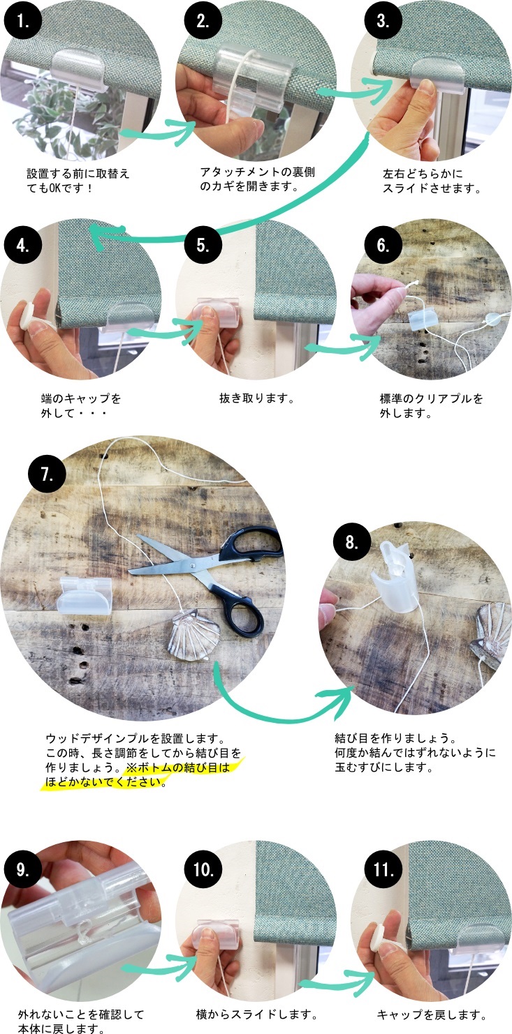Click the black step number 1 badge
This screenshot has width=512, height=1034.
coord(22,21)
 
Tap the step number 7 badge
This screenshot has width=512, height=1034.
coord(47,474)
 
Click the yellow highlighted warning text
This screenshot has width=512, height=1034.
coord(138,775)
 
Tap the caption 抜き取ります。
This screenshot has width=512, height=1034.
coord(257,398)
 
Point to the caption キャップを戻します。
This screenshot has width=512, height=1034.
coord(432,1014)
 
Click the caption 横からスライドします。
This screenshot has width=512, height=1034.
coord(257,1014)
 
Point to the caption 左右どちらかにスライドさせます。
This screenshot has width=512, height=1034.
coord(432,181)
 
